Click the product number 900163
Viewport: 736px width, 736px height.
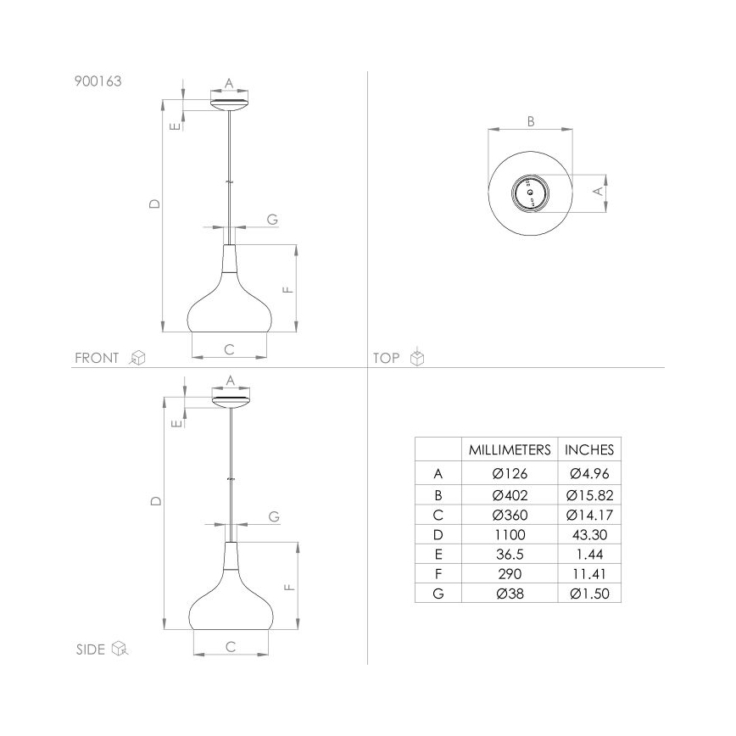98,83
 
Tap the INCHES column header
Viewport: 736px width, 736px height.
589,449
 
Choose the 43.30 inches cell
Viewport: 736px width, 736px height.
589,534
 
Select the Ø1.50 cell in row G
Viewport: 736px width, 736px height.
589,594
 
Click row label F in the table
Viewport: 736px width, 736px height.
438,574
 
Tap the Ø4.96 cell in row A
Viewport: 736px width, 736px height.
589,473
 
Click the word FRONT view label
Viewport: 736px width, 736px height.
97,358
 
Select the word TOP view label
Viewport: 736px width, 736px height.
386,358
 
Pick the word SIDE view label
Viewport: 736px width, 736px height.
90,650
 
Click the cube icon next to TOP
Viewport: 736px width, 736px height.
417,358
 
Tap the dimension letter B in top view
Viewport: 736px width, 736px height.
531,121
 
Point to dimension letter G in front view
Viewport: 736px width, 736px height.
272,219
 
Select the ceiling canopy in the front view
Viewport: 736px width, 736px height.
229,103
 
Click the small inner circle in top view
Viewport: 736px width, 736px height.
531,196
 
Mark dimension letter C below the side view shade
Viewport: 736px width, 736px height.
231,646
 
